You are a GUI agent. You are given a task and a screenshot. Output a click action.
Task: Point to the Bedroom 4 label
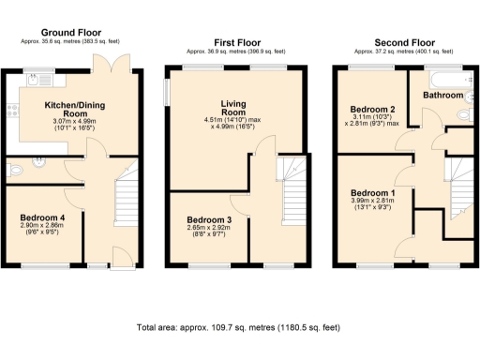point(41,217)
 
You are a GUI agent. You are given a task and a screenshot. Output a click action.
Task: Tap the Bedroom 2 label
point(370,109)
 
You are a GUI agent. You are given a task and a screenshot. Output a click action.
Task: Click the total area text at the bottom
point(238,328)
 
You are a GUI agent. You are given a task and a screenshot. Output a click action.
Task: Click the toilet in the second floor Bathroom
point(465,114)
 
